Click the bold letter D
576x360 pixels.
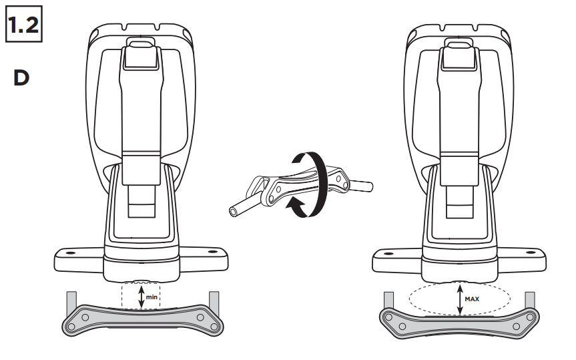click(21, 78)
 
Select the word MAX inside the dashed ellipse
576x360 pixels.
click(473, 299)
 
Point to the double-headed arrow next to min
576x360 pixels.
click(140, 296)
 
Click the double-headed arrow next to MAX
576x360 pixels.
click(459, 298)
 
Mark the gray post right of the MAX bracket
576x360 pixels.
click(531, 299)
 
